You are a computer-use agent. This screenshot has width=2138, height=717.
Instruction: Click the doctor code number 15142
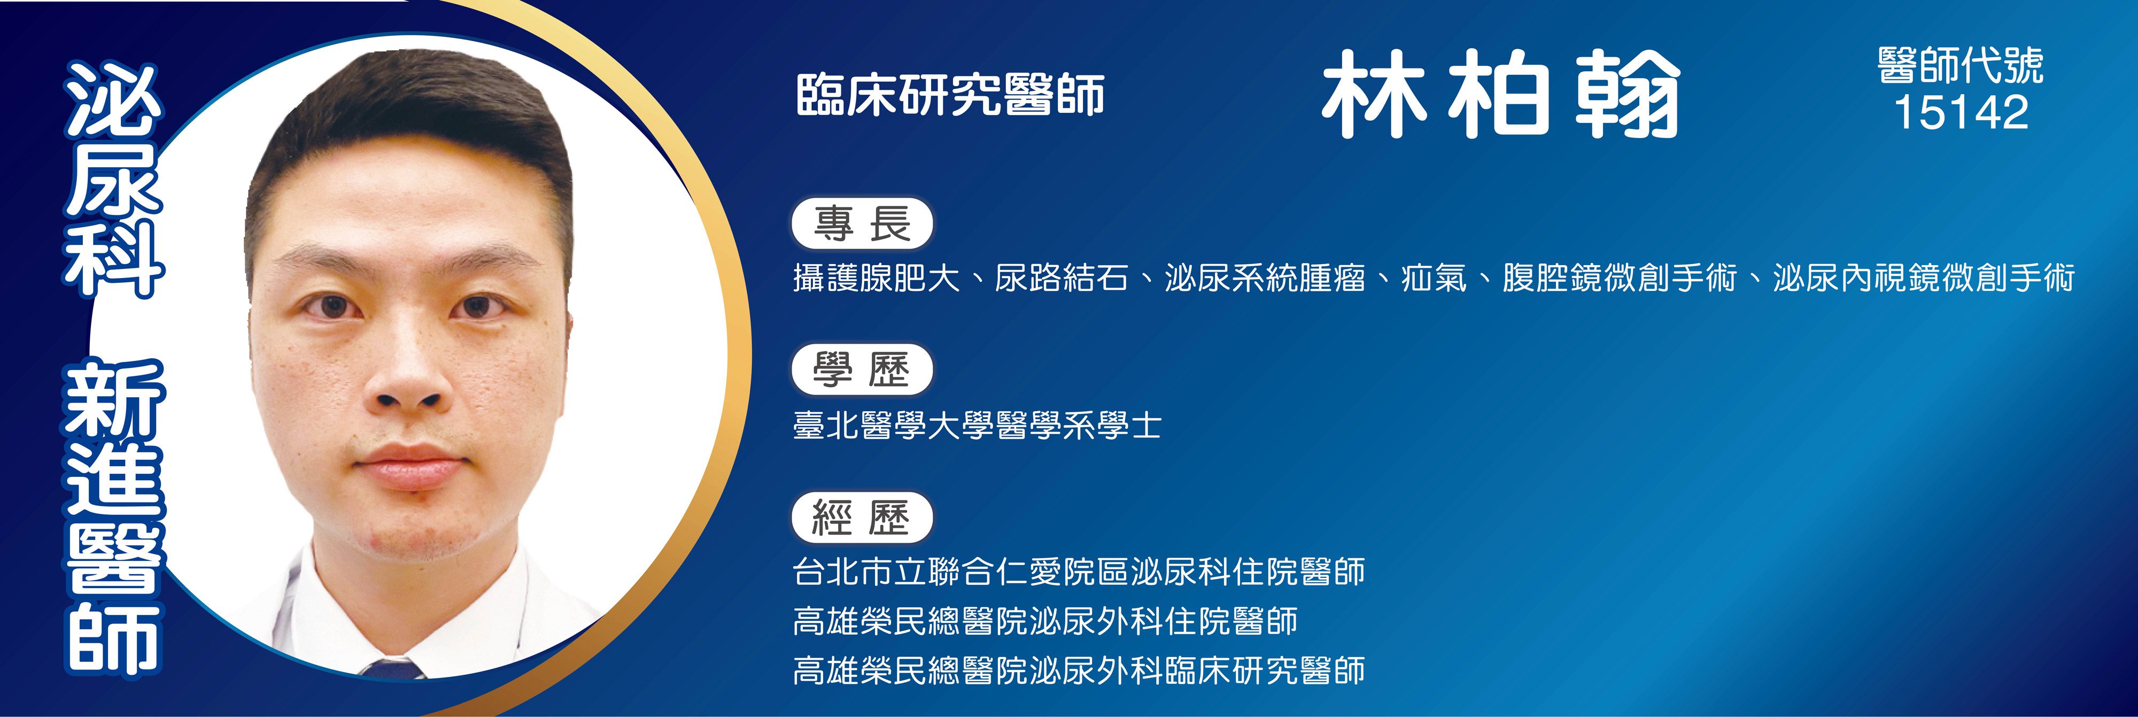pyautogui.click(x=1961, y=113)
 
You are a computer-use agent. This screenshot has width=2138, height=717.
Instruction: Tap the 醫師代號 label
pyautogui.click(x=1961, y=66)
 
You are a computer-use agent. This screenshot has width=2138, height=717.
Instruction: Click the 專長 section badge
pyautogui.click(x=862, y=224)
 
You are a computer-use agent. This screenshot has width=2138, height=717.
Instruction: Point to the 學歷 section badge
pyautogui.click(x=862, y=370)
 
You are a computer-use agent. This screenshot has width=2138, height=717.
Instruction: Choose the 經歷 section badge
pyautogui.click(x=862, y=517)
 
